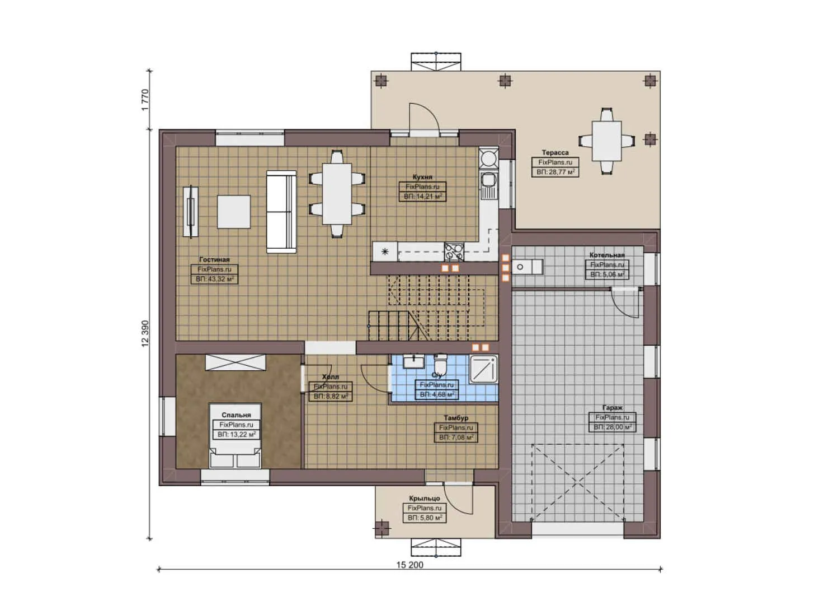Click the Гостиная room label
[x=214, y=259]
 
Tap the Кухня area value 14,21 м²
[x=422, y=197]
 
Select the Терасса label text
[x=555, y=152]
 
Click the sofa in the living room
[x=281, y=212]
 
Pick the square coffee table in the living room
[x=234, y=211]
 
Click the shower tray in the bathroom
[x=483, y=369]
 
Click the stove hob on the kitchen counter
[x=454, y=252]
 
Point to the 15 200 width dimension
[x=410, y=565]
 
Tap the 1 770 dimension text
[x=145, y=100]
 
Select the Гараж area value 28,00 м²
[x=612, y=427]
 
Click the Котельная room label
[x=607, y=255]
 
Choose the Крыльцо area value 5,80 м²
[x=425, y=518]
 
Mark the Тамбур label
[x=456, y=418]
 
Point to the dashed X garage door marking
[x=577, y=481]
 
